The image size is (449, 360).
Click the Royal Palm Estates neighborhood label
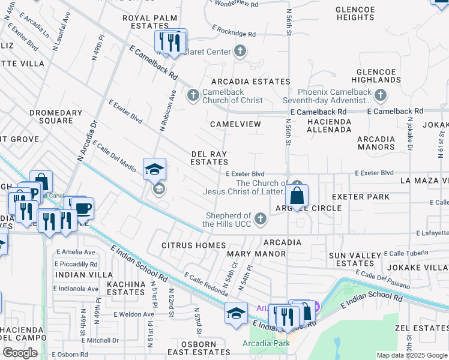click(145, 22)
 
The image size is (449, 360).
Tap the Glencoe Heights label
click(355, 14)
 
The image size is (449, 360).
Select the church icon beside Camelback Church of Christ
click(193, 95)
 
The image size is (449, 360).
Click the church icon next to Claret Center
click(240, 51)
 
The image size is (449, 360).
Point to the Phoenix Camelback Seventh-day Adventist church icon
click(380, 95)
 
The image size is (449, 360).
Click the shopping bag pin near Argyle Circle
click(297, 194)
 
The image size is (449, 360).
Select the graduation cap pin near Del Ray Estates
click(154, 169)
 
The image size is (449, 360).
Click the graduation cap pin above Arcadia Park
click(236, 313)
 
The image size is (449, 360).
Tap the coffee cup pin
click(83, 208)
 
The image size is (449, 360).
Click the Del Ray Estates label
click(209, 158)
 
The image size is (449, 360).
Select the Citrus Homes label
click(193, 245)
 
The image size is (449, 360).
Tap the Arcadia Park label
click(266, 343)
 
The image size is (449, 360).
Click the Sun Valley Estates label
click(351, 259)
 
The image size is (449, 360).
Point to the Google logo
click(20, 353)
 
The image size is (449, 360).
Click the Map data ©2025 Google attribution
click(411, 355)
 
